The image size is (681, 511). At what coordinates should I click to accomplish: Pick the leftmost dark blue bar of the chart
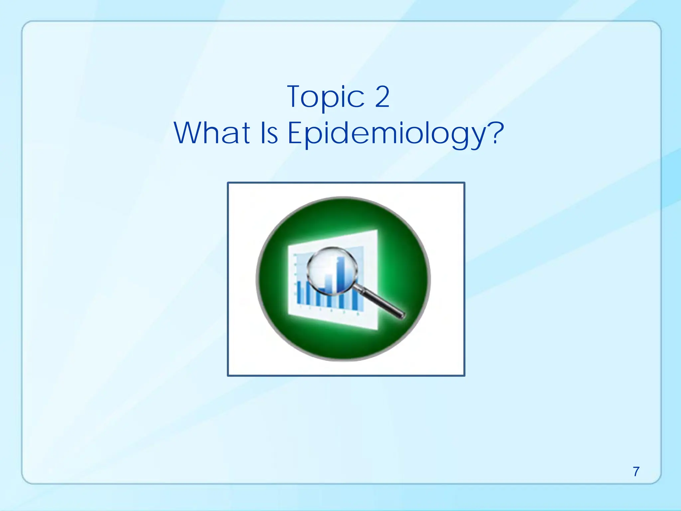pyautogui.click(x=299, y=293)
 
